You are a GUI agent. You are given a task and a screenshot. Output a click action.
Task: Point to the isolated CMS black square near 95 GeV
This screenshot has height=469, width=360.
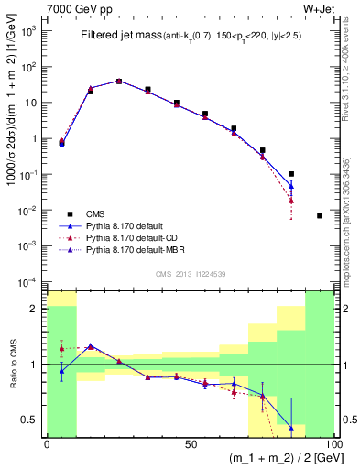pos(320,215)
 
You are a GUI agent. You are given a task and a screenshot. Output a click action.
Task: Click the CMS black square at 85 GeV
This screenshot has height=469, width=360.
pos(291,173)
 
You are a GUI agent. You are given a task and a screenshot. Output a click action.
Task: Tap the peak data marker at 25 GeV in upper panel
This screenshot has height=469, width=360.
pos(119,81)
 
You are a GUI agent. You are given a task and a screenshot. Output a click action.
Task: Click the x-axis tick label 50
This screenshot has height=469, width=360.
pos(191,444)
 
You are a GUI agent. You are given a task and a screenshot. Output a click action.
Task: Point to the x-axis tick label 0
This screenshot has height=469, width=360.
pos(47,444)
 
